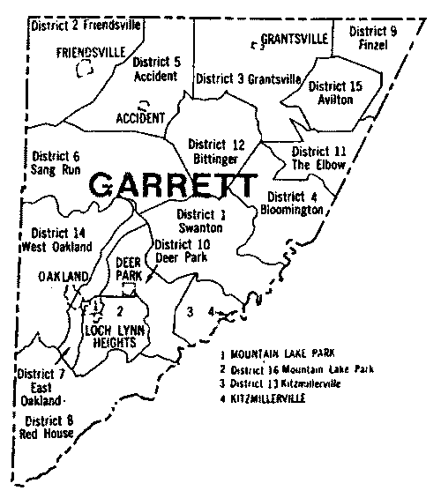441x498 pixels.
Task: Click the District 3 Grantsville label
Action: (249, 78)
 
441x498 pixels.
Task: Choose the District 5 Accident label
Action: (156, 70)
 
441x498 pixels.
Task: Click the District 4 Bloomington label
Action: (293, 203)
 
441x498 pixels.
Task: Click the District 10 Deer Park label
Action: (180, 251)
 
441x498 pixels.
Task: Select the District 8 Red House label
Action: (49, 427)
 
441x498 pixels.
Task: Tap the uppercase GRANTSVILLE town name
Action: (295, 39)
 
